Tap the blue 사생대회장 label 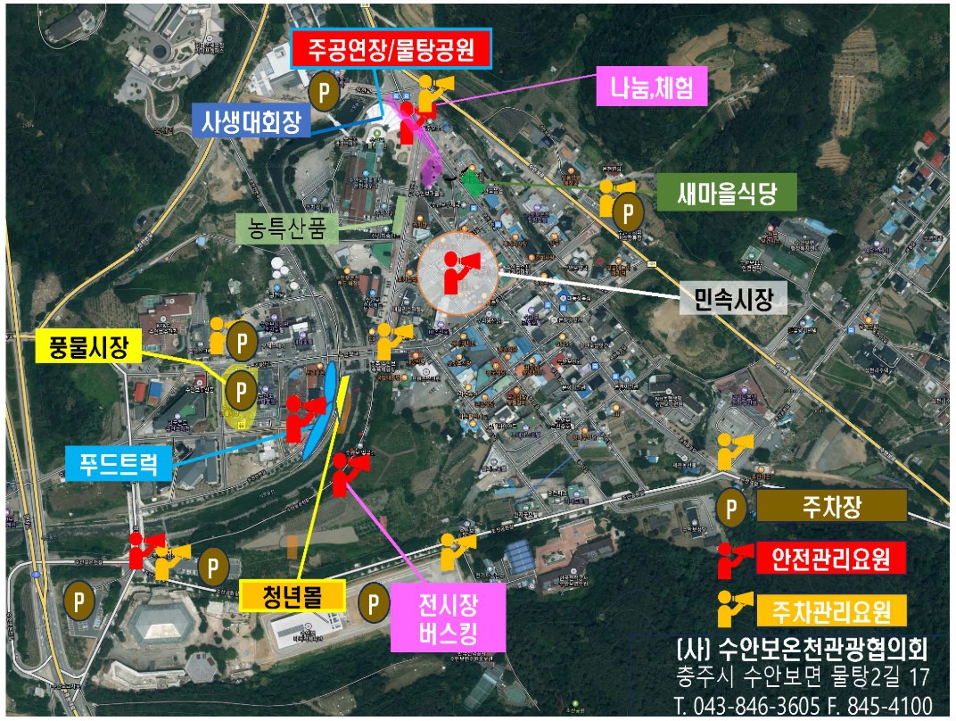click(x=251, y=119)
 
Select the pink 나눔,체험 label click(x=652, y=87)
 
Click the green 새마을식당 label click(x=726, y=194)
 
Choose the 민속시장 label click(x=734, y=299)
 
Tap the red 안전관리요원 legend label click(x=832, y=559)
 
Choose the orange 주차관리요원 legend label click(x=832, y=611)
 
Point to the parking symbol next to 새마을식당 click(x=630, y=211)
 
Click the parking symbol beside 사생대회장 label click(x=323, y=90)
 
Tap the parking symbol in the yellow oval click(x=240, y=389)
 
